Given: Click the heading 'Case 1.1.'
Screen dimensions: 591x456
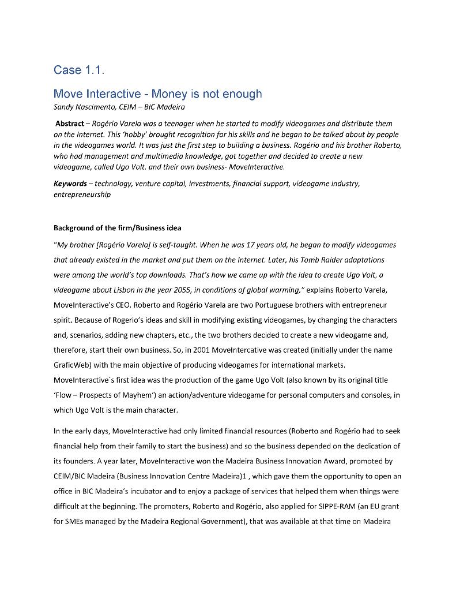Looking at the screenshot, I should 79,70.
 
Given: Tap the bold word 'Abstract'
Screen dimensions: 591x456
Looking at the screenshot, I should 71,124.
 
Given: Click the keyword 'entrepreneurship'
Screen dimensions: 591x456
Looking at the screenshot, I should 82,194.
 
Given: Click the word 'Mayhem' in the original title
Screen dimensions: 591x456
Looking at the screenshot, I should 143,395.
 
